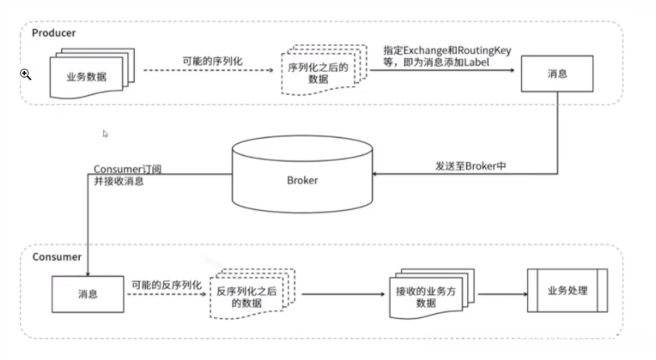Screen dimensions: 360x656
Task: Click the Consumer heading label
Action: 56,257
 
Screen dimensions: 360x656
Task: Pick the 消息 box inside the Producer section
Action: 557,73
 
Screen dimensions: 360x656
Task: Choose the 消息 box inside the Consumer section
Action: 88,294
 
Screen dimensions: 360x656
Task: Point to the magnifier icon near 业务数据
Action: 26,74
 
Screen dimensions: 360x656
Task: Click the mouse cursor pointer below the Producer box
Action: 106,134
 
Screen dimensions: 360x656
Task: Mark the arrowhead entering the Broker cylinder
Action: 379,173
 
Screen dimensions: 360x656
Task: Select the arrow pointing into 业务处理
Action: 516,293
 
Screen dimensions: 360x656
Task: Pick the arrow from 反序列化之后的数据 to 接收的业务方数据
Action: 339,294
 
